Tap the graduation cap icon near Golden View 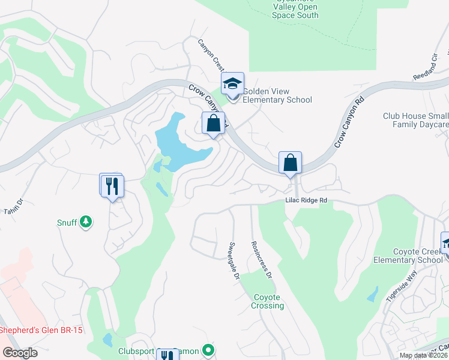[x=232, y=84]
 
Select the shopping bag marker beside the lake [x=213, y=124]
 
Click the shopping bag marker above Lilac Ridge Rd [x=290, y=163]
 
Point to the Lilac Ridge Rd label [x=306, y=200]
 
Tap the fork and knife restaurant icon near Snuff [x=112, y=186]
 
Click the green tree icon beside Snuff [x=86, y=223]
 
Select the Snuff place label [x=67, y=223]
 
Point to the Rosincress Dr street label [x=261, y=259]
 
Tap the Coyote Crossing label [x=268, y=301]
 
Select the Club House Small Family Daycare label [x=416, y=120]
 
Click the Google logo [x=20, y=353]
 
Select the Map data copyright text [x=424, y=355]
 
